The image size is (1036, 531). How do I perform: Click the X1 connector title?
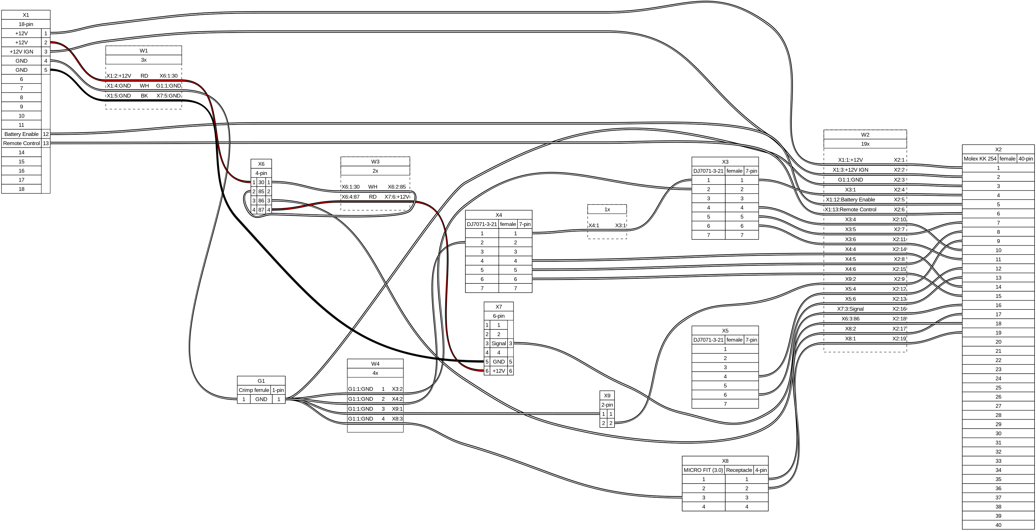[26, 15]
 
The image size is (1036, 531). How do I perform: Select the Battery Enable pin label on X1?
[21, 134]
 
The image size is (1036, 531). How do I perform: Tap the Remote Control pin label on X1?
[21, 143]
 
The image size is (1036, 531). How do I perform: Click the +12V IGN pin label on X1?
[21, 51]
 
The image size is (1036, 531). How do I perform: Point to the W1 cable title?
[144, 51]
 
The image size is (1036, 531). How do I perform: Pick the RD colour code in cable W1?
[144, 75]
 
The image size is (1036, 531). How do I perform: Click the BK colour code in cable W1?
[144, 96]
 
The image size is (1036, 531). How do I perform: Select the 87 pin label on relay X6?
[261, 210]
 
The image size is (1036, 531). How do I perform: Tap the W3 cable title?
[375, 162]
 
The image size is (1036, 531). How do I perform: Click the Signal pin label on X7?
[498, 344]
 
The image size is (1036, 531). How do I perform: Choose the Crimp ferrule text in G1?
[254, 390]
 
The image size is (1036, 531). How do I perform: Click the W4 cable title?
[375, 364]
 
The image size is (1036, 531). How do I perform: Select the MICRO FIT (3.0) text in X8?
[703, 470]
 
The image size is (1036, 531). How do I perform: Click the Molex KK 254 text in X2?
[980, 158]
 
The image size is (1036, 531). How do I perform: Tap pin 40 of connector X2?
[998, 525]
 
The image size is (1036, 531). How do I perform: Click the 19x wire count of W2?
[865, 144]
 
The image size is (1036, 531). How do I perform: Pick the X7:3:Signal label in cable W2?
[850, 309]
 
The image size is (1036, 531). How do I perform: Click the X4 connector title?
[498, 215]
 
